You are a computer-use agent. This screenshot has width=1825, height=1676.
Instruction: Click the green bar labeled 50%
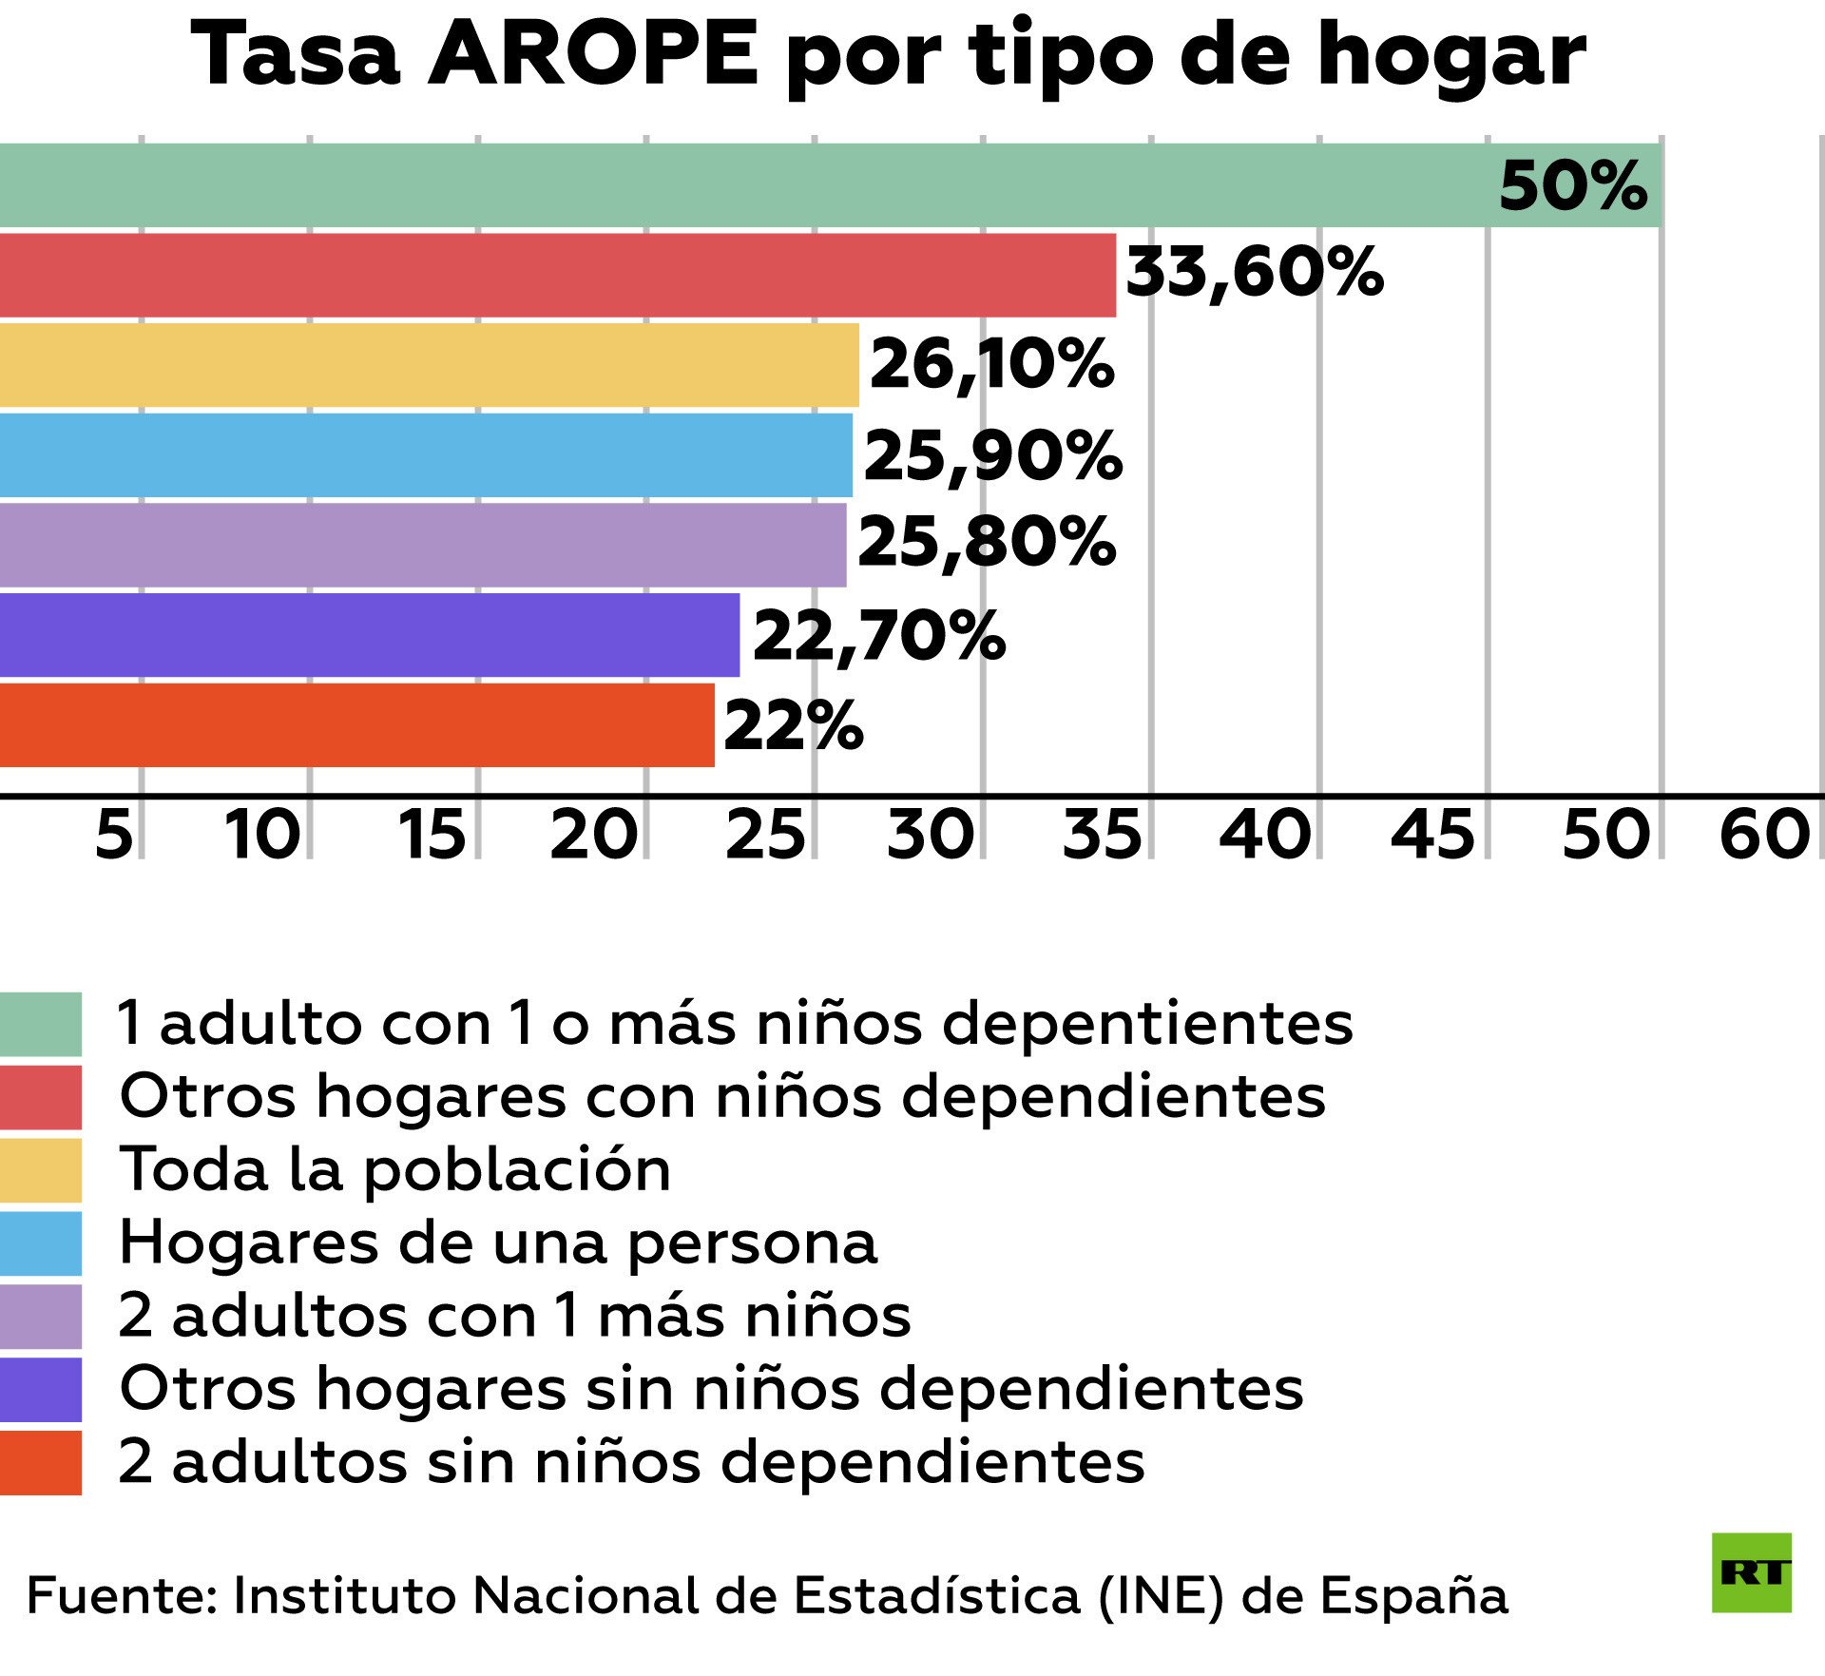(x=827, y=185)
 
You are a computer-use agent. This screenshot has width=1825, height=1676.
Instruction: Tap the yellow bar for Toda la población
(x=428, y=365)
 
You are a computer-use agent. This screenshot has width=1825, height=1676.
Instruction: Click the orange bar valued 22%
(x=356, y=724)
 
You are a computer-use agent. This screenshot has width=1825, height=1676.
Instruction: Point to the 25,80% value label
(x=987, y=544)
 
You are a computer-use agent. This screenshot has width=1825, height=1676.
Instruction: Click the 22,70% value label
(x=879, y=636)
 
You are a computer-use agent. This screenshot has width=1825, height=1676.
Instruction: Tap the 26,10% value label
(x=991, y=364)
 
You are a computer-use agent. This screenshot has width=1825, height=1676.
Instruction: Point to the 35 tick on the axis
(x=1102, y=835)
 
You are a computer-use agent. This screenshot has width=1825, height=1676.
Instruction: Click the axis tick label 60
(x=1764, y=835)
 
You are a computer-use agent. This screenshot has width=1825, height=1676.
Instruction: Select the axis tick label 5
(x=114, y=835)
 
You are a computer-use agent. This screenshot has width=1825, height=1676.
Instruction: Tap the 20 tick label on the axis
(x=593, y=835)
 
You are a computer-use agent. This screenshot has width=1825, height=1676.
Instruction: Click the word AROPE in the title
(x=594, y=54)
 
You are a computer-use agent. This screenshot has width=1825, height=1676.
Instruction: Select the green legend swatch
(x=40, y=1024)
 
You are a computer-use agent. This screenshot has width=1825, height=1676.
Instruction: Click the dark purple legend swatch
(x=40, y=1389)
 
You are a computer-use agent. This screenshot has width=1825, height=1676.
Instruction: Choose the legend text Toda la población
(x=395, y=1169)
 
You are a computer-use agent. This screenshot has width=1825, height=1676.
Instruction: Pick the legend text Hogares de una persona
(x=498, y=1243)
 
